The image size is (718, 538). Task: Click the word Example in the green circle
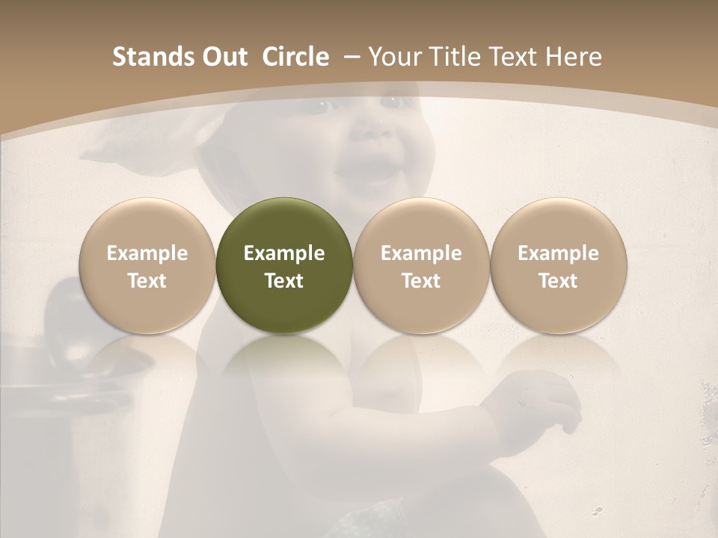pos(284,253)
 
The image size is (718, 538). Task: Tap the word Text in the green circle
pos(284,281)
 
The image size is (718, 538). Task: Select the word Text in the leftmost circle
pos(147,281)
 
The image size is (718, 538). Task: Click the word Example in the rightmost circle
pos(559,253)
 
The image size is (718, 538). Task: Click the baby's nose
pos(368,132)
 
